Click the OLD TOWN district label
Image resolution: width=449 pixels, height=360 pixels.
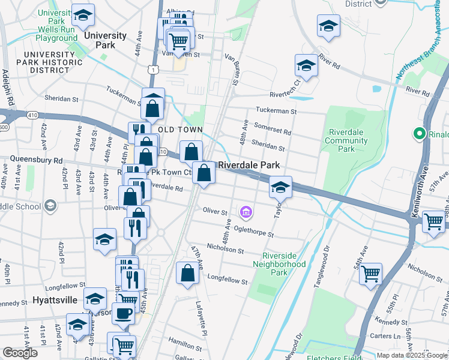pyautogui.click(x=181, y=130)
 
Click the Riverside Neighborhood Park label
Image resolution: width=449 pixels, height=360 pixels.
pyautogui.click(x=279, y=263)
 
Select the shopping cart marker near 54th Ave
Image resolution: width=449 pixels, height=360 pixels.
pyautogui.click(x=371, y=273)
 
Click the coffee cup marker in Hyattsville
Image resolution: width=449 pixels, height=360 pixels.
pyautogui.click(x=124, y=312)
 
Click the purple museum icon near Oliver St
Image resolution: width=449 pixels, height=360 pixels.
pyautogui.click(x=245, y=212)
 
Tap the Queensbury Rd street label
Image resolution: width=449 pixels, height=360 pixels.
pyautogui.click(x=36, y=160)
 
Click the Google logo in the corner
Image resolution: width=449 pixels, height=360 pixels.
pyautogui.click(x=20, y=353)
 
